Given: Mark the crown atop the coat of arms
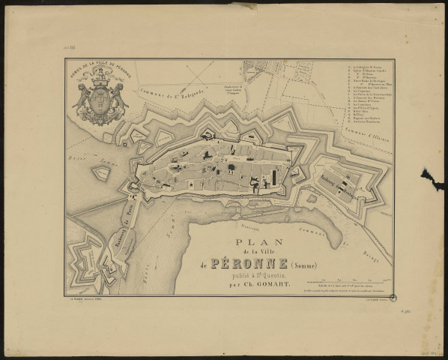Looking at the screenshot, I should click(100, 81).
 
